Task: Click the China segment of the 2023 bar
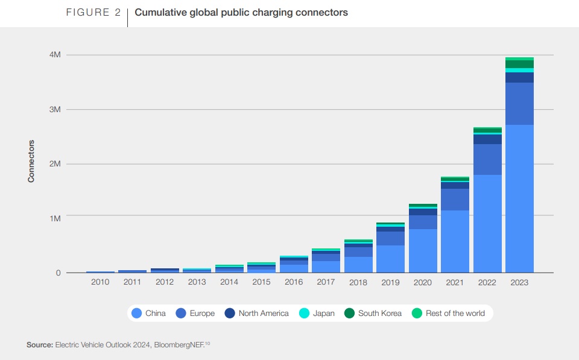pos(519,198)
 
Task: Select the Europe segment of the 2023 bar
pos(519,104)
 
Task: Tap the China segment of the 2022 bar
pos(487,224)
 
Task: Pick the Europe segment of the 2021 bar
pos(455,200)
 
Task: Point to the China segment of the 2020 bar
pos(423,251)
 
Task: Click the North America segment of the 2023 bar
pos(519,77)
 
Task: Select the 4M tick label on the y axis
pos(55,55)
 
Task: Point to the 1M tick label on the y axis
pos(55,218)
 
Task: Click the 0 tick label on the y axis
pos(58,273)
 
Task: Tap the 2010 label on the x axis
pos(100,283)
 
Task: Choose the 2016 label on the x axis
pos(294,283)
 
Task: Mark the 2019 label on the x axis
pos(390,283)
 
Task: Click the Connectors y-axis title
pos(31,161)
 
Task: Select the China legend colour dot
pos(136,313)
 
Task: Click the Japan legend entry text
pos(324,313)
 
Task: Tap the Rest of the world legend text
pos(455,313)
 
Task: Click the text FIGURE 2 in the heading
pos(93,13)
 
